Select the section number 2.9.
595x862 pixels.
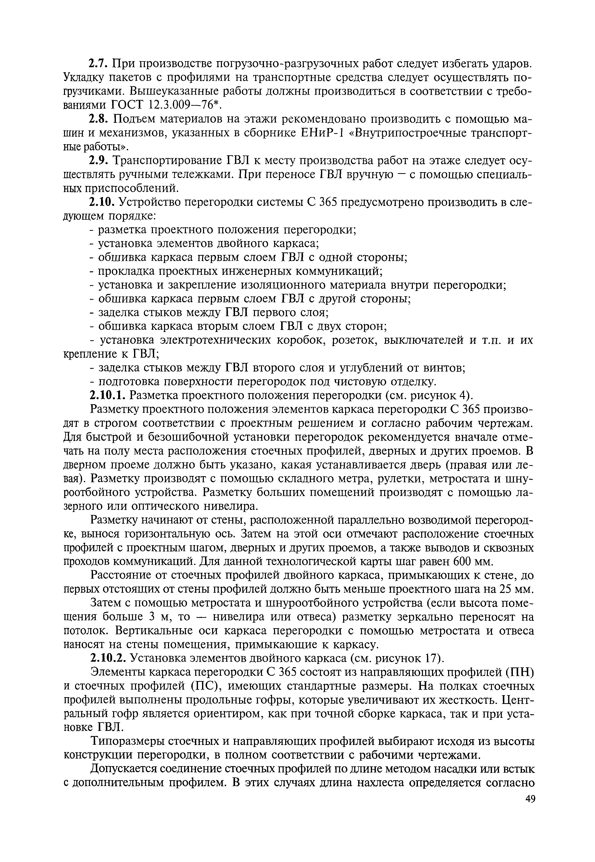pos(98,161)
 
